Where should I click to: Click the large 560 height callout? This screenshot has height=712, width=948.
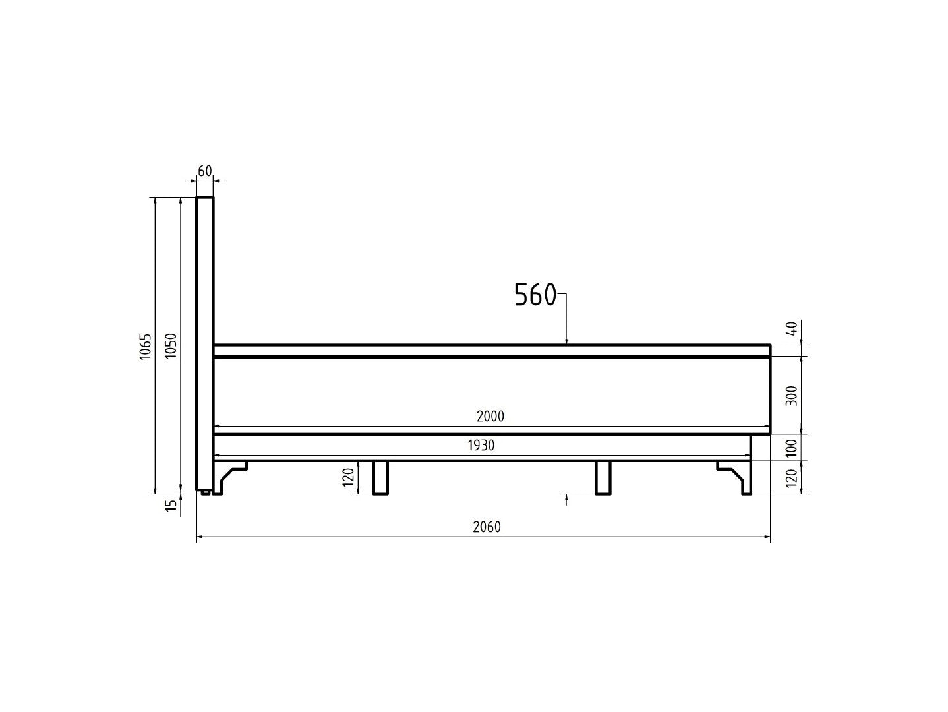535,295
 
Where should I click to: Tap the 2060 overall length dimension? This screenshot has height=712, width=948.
487,527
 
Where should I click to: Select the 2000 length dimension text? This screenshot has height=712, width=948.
490,416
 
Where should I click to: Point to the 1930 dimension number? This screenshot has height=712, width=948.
481,445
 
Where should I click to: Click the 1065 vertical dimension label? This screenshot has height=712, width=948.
145,347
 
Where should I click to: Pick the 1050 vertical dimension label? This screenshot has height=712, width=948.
171,346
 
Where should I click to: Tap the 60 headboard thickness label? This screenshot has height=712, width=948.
205,171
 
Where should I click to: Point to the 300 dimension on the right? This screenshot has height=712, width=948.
792,396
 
